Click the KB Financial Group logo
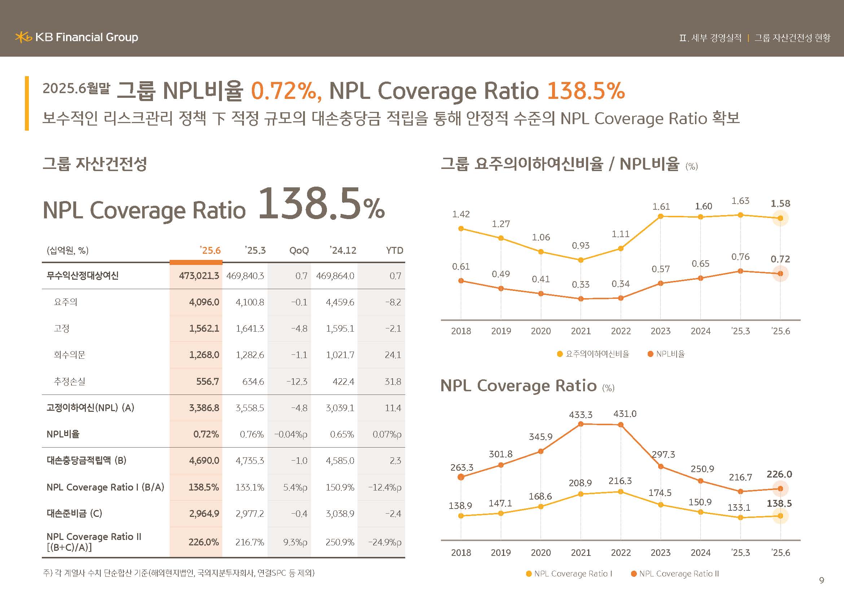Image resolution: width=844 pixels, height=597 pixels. tap(76, 37)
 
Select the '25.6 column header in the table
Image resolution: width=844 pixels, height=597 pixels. tap(210, 251)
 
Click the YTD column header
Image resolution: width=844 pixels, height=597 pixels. tap(394, 251)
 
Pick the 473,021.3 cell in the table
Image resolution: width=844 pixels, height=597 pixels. tap(199, 276)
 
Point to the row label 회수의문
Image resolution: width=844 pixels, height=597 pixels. tap(70, 355)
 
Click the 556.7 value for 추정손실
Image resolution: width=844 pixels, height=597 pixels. tap(207, 382)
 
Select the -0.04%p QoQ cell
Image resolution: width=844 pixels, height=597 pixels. tap(290, 435)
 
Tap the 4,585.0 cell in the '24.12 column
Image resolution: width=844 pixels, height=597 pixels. tap(340, 461)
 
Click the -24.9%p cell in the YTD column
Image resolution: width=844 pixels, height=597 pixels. tap(385, 542)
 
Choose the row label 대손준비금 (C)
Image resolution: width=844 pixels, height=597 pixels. tap(74, 513)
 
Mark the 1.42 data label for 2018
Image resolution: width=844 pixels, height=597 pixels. tap(460, 214)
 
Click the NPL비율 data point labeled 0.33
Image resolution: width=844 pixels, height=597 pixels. tap(581, 299)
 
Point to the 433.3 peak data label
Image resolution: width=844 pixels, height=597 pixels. tap(581, 415)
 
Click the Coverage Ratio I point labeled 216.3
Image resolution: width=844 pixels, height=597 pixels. tap(621, 492)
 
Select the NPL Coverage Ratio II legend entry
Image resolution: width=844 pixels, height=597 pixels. tap(674, 574)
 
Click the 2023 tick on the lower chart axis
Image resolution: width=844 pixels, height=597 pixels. tap(660, 553)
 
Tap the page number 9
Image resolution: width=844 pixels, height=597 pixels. tap(822, 580)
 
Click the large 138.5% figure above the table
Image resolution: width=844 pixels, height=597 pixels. tap(321, 204)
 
